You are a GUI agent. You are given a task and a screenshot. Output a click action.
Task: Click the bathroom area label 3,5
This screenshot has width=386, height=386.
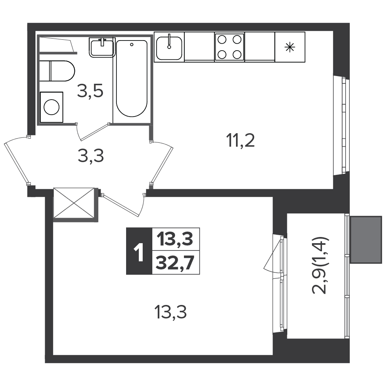[90, 91]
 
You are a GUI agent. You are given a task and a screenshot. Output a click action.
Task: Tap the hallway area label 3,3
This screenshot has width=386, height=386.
[91, 156]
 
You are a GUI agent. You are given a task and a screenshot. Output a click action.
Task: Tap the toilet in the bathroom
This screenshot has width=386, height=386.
[57, 71]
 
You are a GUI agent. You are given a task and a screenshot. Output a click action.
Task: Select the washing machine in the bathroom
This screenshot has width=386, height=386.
[51, 107]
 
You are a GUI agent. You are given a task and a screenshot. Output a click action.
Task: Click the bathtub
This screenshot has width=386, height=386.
[132, 78]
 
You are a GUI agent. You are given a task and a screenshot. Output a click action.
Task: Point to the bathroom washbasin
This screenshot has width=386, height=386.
[102, 47]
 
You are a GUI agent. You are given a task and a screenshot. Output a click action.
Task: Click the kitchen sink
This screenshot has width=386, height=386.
[169, 47]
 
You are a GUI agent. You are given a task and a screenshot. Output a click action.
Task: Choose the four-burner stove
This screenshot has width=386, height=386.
[229, 47]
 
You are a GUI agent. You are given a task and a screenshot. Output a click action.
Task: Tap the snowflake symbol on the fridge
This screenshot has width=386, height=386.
[290, 47]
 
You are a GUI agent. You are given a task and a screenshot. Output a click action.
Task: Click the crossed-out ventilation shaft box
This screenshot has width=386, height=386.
[74, 203]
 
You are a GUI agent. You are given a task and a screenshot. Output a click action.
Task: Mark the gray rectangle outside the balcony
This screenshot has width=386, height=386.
[366, 240]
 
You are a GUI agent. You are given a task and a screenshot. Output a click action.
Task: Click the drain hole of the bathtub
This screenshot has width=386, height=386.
[132, 45]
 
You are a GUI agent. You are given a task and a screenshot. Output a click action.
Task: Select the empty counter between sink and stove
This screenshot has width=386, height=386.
[199, 46]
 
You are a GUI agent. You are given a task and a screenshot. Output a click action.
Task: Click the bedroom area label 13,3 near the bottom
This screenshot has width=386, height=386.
[170, 312]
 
